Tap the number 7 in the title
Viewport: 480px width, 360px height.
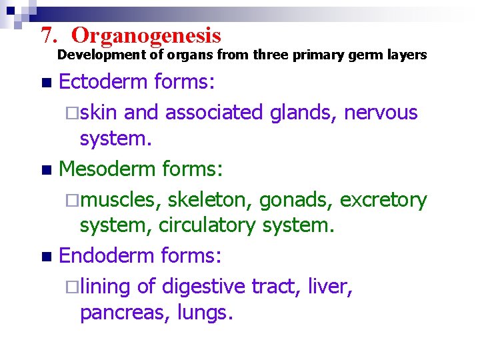pyautogui.click(x=46, y=35)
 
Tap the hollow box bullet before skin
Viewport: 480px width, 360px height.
pyautogui.click(x=73, y=113)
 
